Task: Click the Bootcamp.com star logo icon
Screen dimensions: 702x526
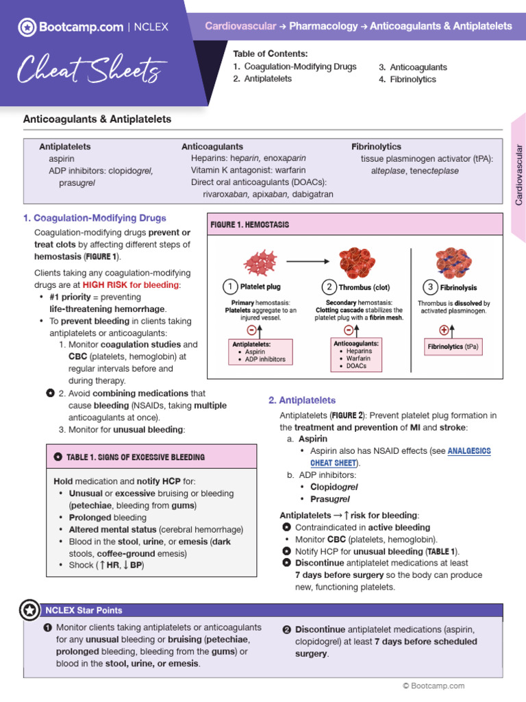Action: pyautogui.click(x=27, y=27)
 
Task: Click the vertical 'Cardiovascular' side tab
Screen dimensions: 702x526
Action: pyautogui.click(x=518, y=175)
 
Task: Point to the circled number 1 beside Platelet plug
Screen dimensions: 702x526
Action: pyautogui.click(x=230, y=287)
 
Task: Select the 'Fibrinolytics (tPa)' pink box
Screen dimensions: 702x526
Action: pyautogui.click(x=453, y=347)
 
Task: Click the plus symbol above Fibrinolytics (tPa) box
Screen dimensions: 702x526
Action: pyautogui.click(x=443, y=330)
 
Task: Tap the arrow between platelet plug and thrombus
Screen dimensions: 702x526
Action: pyautogui.click(x=305, y=261)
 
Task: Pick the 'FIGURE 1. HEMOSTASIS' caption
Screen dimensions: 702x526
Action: pyautogui.click(x=250, y=225)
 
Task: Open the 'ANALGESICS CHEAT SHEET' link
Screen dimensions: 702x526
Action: pyautogui.click(x=469, y=457)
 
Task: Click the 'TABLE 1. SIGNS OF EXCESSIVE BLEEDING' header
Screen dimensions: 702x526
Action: pyautogui.click(x=135, y=457)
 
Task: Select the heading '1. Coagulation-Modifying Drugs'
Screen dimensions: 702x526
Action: pyautogui.click(x=95, y=218)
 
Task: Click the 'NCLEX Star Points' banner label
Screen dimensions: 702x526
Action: pyautogui.click(x=84, y=610)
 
